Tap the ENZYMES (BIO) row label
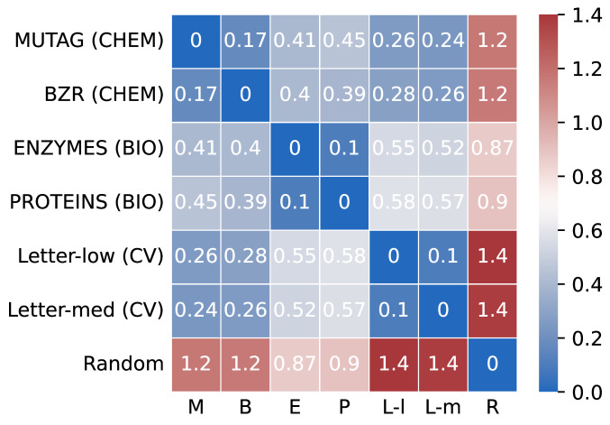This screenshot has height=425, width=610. (x=87, y=149)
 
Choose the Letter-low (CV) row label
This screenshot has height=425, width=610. (x=90, y=257)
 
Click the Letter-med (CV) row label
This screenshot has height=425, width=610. (x=86, y=311)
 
